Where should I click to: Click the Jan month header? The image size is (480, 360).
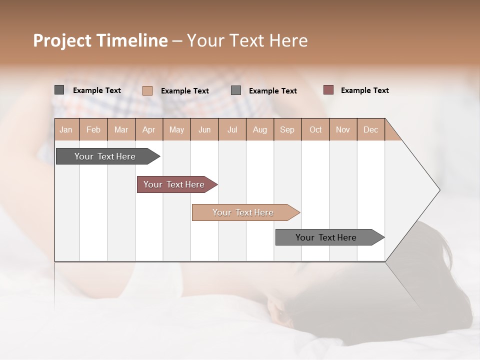point(66,129)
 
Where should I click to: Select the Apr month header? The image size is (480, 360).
point(149,129)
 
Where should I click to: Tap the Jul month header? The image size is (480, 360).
point(232,129)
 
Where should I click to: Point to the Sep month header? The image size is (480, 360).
point(287,129)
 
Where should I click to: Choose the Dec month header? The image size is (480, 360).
point(370,129)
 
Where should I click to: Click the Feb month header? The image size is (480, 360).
point(93,129)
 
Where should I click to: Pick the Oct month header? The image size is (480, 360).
point(315,129)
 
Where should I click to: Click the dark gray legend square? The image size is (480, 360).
point(59,90)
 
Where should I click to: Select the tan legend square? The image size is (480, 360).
point(147,90)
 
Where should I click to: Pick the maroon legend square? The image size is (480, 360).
point(328,90)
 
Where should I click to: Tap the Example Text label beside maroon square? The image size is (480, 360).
point(364,90)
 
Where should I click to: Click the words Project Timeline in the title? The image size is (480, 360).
point(100,40)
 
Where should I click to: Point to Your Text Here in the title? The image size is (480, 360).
point(247,40)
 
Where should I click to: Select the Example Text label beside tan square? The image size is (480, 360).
point(184,91)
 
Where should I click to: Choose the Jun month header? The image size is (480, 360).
point(204,129)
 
